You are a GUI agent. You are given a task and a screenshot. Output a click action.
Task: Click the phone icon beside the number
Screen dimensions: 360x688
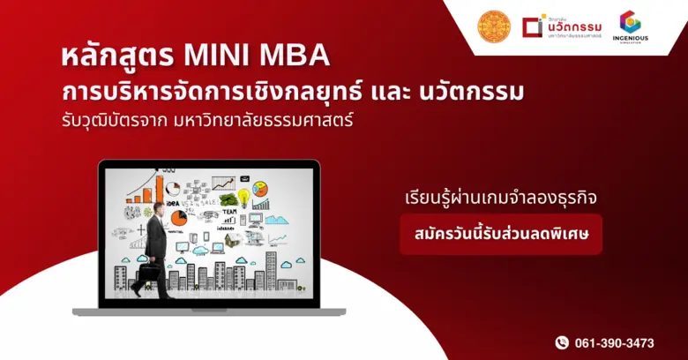562,342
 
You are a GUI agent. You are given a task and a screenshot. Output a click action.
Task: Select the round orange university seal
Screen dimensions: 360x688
494,27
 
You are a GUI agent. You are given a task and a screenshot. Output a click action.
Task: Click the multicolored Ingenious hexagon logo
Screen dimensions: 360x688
630,21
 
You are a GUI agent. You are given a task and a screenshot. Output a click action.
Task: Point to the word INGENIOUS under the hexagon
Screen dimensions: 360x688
630,40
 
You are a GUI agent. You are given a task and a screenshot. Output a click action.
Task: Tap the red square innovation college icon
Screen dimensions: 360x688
531,27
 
